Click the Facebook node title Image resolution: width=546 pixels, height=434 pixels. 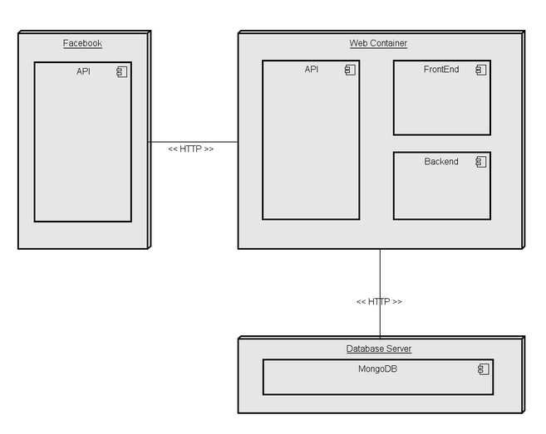point(82,43)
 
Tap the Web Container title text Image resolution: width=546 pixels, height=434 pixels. point(378,43)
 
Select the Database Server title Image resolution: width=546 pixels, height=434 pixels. point(378,349)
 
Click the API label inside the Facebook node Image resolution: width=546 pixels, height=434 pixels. point(83,71)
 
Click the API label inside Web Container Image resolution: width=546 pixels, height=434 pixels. point(311,70)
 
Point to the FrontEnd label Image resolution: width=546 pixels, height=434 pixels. point(440,70)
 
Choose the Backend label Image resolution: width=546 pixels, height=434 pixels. point(440,161)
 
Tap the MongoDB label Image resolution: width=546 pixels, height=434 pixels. point(377,368)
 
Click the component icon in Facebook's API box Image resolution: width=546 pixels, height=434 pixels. point(121,72)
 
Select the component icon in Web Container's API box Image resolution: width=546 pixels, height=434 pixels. point(350,71)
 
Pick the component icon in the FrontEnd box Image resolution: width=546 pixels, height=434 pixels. point(480,71)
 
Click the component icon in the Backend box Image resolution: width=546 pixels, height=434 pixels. point(480,162)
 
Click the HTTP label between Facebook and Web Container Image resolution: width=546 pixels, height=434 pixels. point(190,149)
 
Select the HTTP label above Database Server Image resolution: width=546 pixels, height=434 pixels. point(378,301)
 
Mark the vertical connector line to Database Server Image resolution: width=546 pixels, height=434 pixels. point(380,274)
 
